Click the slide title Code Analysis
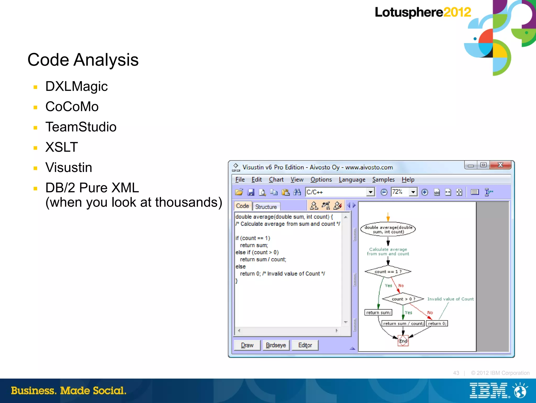pos(83,60)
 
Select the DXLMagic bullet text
pos(76,87)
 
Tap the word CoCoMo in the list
pos(72,107)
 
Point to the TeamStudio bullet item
pos(81,127)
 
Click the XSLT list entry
pos(62,147)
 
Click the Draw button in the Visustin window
pos(247,345)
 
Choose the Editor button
pos(305,345)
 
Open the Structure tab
pos(266,207)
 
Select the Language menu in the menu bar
pos(352,180)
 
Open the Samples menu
pos(383,180)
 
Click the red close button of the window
pos(500,165)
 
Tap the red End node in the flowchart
pos(403,341)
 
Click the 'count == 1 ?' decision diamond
pos(388,272)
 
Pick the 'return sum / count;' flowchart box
pos(403,324)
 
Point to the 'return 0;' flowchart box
pos(437,324)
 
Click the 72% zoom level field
pos(400,192)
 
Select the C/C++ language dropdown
pos(340,192)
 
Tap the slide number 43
pos(456,373)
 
